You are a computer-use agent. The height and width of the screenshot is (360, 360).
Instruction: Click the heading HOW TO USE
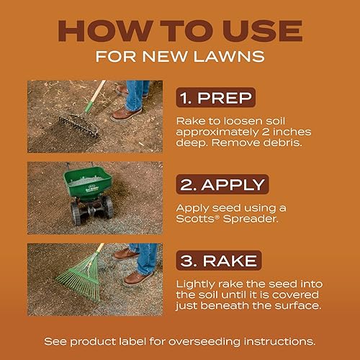coord(179,31)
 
